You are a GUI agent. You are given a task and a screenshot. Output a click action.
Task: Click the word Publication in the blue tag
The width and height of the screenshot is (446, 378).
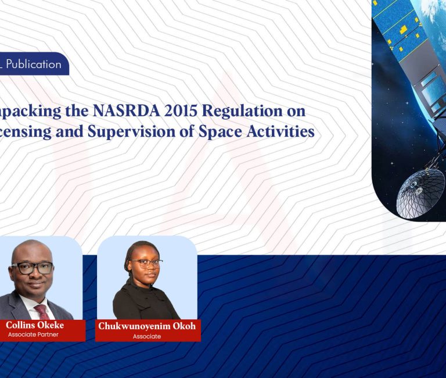click(x=34, y=64)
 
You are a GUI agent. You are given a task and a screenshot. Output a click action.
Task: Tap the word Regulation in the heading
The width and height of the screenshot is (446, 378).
click(x=231, y=111)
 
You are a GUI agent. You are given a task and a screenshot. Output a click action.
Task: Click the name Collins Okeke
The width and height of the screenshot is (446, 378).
click(x=34, y=325)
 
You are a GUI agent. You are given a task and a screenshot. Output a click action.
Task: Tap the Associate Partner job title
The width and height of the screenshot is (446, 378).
click(x=33, y=334)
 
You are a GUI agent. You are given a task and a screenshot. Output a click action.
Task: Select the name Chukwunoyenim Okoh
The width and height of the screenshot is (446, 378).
click(x=147, y=326)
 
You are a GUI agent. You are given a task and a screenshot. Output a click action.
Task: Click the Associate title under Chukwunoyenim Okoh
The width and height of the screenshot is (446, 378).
click(x=146, y=336)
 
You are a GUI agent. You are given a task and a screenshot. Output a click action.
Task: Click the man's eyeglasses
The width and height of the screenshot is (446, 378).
click(x=33, y=268)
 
